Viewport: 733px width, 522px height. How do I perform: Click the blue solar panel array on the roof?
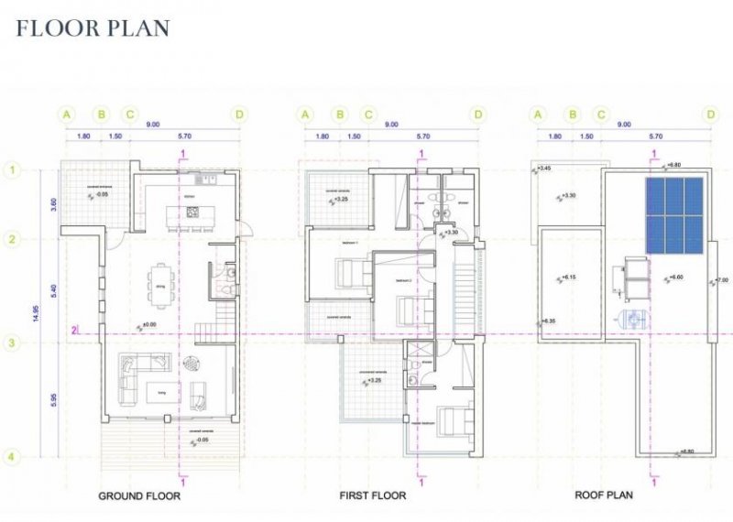click(674, 215)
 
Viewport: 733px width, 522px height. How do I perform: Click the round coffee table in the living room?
click(192, 362)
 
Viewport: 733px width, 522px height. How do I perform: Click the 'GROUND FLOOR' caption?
click(139, 496)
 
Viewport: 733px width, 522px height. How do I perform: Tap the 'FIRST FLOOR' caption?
click(373, 496)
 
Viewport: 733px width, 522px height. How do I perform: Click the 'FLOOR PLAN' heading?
click(93, 28)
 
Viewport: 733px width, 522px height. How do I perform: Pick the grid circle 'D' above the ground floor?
click(239, 114)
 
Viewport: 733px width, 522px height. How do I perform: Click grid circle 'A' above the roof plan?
click(539, 114)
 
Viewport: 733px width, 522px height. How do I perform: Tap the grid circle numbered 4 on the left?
click(13, 457)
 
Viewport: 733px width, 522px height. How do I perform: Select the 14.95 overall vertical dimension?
click(37, 312)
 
